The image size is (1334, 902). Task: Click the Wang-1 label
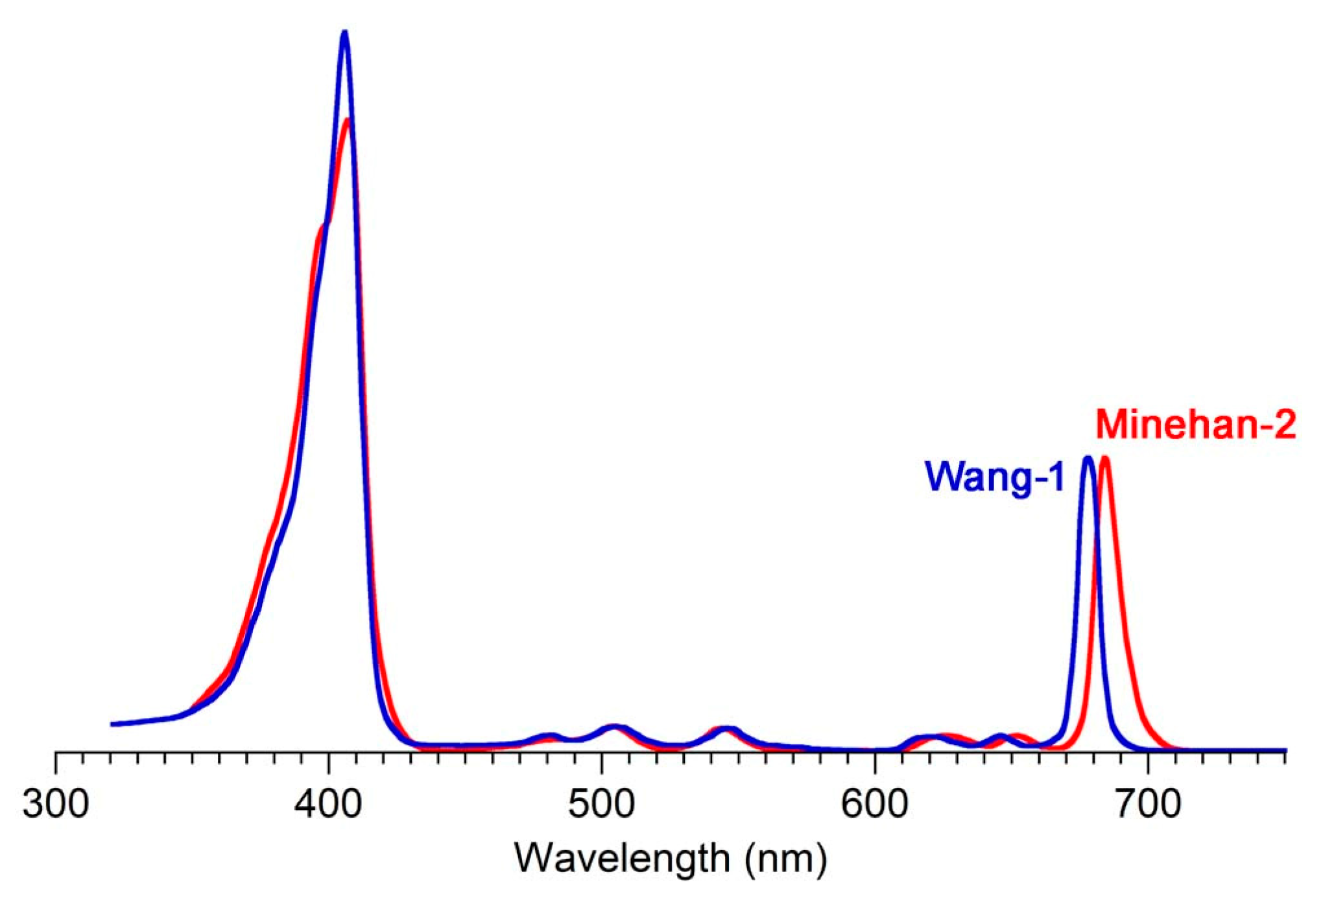click(994, 479)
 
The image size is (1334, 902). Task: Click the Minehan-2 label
click(1195, 426)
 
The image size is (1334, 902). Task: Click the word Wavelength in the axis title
click(622, 859)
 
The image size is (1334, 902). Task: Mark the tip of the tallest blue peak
click(344, 32)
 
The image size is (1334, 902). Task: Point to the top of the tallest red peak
click(348, 121)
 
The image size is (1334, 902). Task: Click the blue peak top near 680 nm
click(1088, 458)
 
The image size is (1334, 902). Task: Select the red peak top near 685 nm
click(1105, 458)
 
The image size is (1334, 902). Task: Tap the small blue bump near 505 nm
click(615, 726)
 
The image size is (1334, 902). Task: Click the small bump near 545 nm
click(726, 729)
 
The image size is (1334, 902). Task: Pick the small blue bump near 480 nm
click(551, 735)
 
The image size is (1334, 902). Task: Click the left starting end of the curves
click(113, 724)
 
